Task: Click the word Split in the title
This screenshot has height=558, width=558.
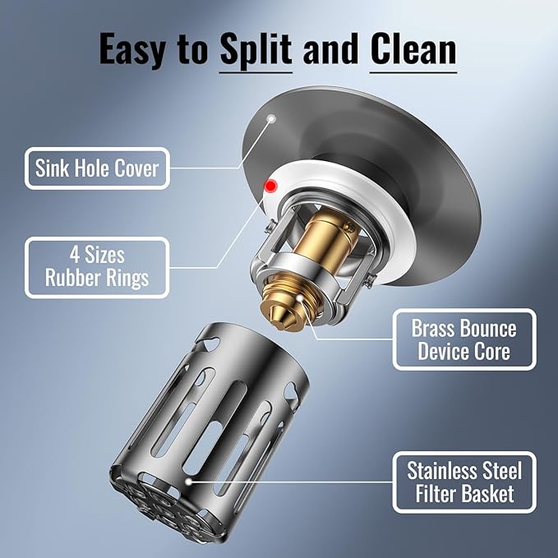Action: pyautogui.click(x=256, y=49)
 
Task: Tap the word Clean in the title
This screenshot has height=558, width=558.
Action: pyautogui.click(x=413, y=48)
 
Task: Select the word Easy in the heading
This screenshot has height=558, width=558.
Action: pyautogui.click(x=132, y=49)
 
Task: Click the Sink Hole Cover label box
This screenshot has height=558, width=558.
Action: pyautogui.click(x=97, y=168)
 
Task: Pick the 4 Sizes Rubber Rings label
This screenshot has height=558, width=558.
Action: pyautogui.click(x=97, y=267)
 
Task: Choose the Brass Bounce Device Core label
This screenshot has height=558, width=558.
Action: pyautogui.click(x=464, y=339)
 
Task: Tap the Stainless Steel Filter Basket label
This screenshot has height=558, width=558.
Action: pyautogui.click(x=464, y=482)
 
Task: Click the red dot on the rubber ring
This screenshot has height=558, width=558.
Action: pyautogui.click(x=271, y=186)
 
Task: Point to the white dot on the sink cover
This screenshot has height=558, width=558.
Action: pyautogui.click(x=271, y=118)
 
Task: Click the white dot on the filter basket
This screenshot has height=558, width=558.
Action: pyautogui.click(x=189, y=482)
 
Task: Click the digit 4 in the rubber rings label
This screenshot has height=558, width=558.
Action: pyautogui.click(x=75, y=255)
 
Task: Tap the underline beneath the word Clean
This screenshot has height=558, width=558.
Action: pyautogui.click(x=413, y=73)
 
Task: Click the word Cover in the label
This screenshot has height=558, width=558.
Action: pyautogui.click(x=136, y=168)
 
